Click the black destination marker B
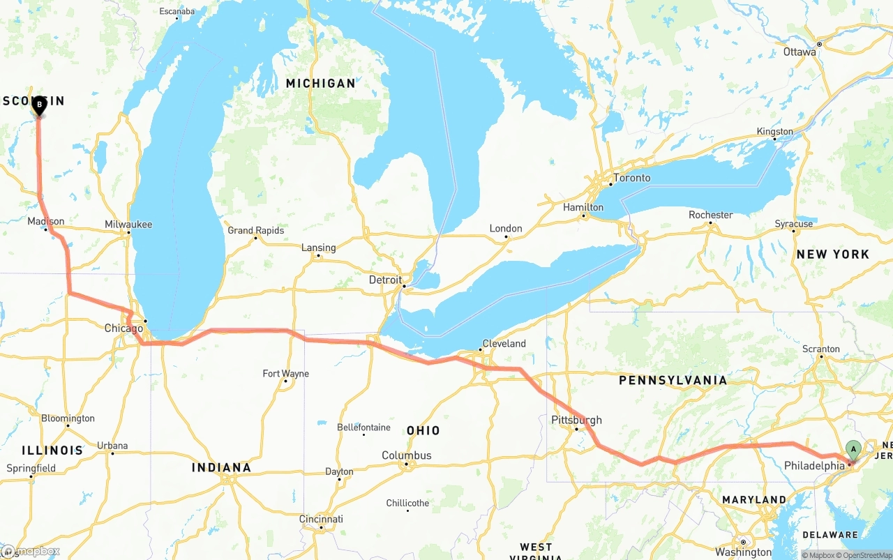[39, 105]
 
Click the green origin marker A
[853, 449]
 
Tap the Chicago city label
[123, 328]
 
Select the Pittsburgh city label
[576, 420]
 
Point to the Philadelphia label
[814, 466]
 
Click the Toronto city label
[631, 178]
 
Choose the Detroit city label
[385, 280]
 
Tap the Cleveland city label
[504, 343]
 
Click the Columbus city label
[406, 455]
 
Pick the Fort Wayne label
[285, 374]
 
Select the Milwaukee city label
[128, 225]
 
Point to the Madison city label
[46, 222]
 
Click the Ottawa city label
[800, 52]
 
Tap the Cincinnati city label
[321, 519]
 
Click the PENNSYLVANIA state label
[673, 380]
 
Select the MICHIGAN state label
[320, 83]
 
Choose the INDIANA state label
[221, 467]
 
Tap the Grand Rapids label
[256, 230]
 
